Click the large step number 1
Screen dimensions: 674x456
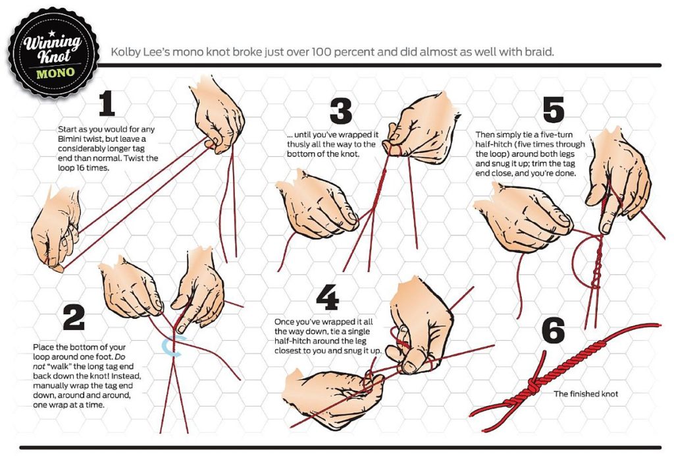pos(107,103)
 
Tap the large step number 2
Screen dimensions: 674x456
pos(74,317)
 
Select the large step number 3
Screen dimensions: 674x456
pos(341,111)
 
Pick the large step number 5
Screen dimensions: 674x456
pos(553,109)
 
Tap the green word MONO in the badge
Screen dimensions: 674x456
pos(55,72)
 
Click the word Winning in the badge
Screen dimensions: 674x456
pos(52,43)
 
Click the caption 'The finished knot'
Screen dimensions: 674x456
pos(585,393)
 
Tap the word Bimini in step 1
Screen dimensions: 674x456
pos(68,139)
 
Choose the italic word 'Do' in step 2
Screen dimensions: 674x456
pos(120,356)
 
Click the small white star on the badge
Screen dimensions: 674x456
pos(51,33)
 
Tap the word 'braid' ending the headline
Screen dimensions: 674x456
pos(539,51)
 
